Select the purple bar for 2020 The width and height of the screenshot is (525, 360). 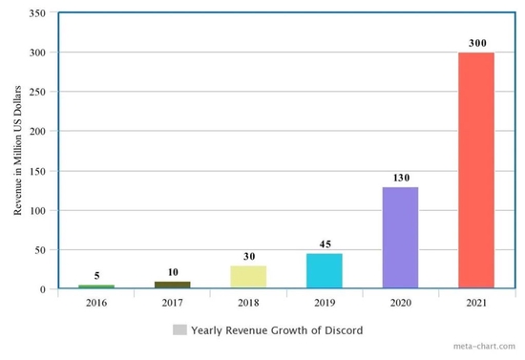tap(400, 237)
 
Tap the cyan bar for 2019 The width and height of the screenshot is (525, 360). tap(324, 270)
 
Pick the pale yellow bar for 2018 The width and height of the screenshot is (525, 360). tap(248, 277)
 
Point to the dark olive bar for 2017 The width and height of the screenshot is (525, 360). tap(172, 285)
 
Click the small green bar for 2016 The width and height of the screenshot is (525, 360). tap(96, 286)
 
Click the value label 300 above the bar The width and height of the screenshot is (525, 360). tap(476, 44)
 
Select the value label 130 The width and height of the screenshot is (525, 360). tap(400, 179)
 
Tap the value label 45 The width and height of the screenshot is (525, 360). tap(324, 245)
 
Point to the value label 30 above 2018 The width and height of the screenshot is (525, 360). tap(248, 257)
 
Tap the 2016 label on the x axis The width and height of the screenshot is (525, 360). tap(96, 303)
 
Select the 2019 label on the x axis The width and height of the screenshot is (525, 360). tap(324, 303)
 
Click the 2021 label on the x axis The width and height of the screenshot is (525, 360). tap(476, 303)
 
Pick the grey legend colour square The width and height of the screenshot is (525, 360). tap(179, 330)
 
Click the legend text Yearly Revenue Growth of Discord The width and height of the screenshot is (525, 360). tap(277, 330)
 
